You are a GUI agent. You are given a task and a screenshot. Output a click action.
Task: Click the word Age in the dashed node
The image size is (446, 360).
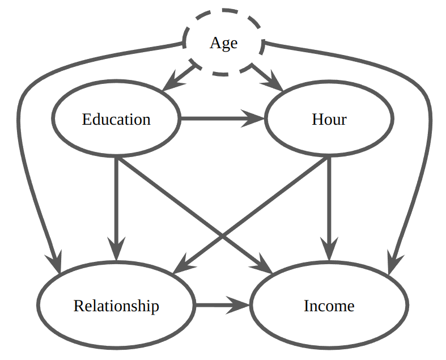click(x=223, y=43)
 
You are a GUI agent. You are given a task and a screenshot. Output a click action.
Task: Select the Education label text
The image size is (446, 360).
click(x=116, y=120)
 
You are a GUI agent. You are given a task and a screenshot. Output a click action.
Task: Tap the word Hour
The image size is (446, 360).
click(x=329, y=120)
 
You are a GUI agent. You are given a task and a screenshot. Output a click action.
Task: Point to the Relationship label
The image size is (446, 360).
click(x=116, y=306)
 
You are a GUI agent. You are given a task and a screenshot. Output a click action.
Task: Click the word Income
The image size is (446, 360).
click(x=329, y=306)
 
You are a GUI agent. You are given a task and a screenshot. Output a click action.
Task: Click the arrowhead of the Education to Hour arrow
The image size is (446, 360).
click(x=256, y=119)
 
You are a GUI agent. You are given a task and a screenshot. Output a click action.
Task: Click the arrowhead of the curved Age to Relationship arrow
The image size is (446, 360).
click(x=57, y=264)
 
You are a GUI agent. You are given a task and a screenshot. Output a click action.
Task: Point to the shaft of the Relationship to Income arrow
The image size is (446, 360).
click(x=215, y=306)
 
